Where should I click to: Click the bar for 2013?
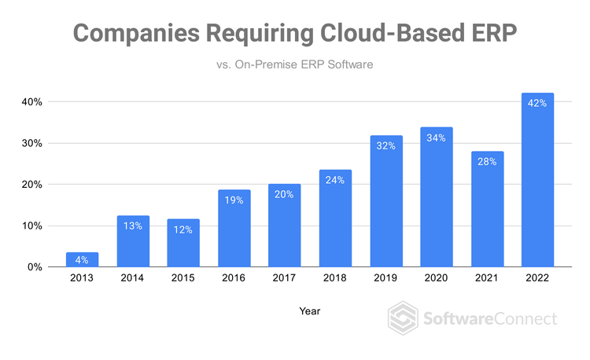pos(83,260)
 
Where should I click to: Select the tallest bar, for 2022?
pos(537,181)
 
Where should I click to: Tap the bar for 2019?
pos(385,202)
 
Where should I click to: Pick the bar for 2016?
pos(234,229)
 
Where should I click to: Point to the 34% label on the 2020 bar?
pos(437,138)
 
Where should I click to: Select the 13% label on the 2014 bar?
pos(133,226)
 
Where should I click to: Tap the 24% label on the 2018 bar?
pos(335,179)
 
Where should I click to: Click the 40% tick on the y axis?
pos(31,102)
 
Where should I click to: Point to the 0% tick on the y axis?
pos(35,267)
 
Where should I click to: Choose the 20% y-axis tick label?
pos(31,185)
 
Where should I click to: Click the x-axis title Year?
pos(309,311)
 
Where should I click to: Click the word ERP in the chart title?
pos(494,33)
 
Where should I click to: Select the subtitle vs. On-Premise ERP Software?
pos(293,65)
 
